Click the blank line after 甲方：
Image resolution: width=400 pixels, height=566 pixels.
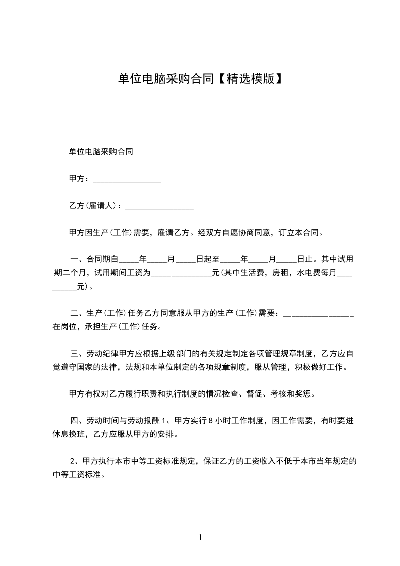point(127,179)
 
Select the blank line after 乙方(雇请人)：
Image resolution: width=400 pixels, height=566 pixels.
point(159,206)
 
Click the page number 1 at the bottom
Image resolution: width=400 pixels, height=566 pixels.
point(200,537)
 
